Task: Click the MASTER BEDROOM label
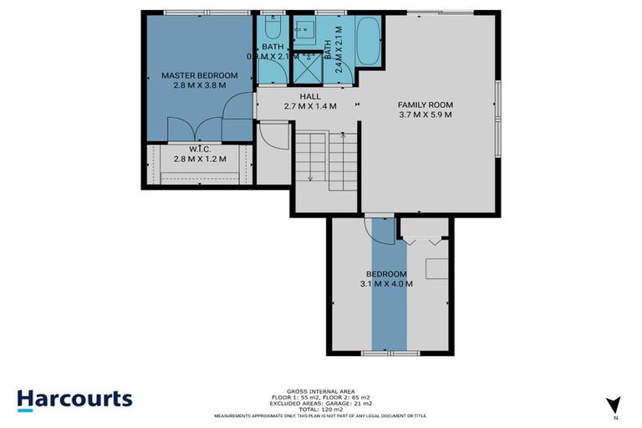199,75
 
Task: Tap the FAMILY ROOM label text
425,104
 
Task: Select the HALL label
310,96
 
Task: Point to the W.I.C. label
199,149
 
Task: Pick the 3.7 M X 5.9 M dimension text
425,115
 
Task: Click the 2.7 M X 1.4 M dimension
310,106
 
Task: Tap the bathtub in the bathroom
368,40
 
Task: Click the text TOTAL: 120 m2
321,410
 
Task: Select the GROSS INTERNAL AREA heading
321,391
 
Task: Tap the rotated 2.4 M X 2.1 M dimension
339,50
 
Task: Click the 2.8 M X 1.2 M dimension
199,159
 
